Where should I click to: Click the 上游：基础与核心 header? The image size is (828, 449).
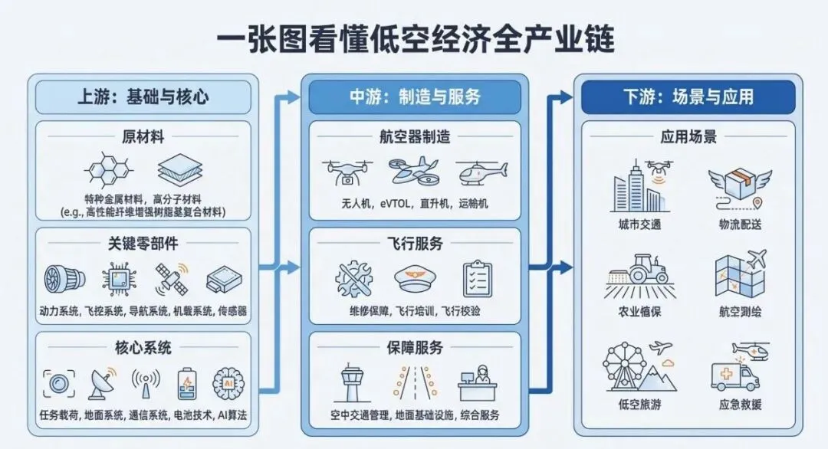click(x=143, y=97)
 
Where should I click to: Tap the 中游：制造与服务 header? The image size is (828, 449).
click(x=415, y=97)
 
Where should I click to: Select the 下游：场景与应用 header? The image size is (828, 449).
click(x=688, y=97)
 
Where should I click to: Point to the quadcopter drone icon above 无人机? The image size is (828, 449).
click(x=347, y=172)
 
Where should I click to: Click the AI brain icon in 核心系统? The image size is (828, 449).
click(x=228, y=382)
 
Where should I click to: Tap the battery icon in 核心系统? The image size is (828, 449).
click(x=186, y=382)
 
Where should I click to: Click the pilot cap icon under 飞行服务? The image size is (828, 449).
click(x=415, y=277)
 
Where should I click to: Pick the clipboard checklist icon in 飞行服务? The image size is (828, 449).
click(x=478, y=277)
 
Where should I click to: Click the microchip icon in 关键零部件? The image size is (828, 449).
click(x=117, y=279)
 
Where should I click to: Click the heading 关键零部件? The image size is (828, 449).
click(x=143, y=243)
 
